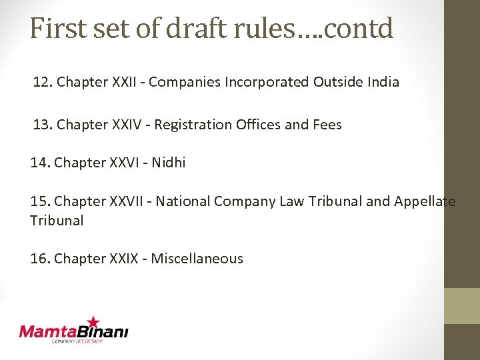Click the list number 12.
click(42, 82)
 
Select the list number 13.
click(42, 124)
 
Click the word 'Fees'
click(327, 124)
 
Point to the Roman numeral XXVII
click(129, 201)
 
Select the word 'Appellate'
click(425, 201)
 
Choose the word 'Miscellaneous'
click(197, 258)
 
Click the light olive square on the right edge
click(462, 306)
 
